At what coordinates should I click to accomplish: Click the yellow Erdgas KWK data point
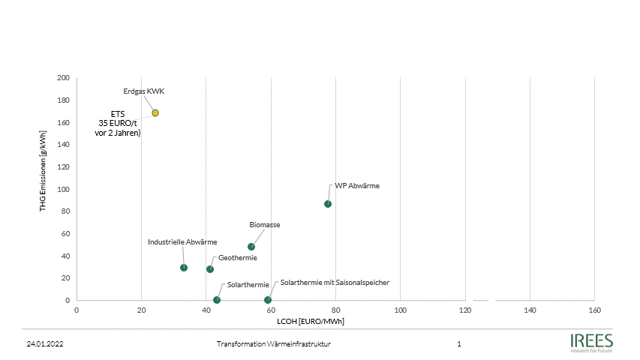[x=155, y=113]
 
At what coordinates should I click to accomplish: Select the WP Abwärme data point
[x=328, y=204]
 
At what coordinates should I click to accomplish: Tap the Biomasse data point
[x=251, y=247]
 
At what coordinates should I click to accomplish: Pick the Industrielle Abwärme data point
[x=184, y=268]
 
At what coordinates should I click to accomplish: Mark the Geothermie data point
[x=210, y=269]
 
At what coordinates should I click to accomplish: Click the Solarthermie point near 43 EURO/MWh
[x=217, y=300]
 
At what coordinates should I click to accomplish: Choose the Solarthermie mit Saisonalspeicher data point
[x=268, y=300]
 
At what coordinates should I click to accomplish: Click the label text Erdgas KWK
[x=143, y=91]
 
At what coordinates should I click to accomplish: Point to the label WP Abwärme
[x=357, y=185]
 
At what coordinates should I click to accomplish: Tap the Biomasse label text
[x=264, y=224]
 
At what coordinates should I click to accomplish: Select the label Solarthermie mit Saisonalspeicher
[x=335, y=283]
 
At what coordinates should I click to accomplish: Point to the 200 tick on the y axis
[x=63, y=78]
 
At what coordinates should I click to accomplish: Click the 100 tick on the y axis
[x=63, y=189]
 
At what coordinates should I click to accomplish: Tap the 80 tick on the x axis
[x=335, y=310]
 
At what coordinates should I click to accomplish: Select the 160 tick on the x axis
[x=594, y=310]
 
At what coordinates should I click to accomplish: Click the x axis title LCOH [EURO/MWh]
[x=311, y=321]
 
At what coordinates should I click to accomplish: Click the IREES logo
[x=591, y=342]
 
